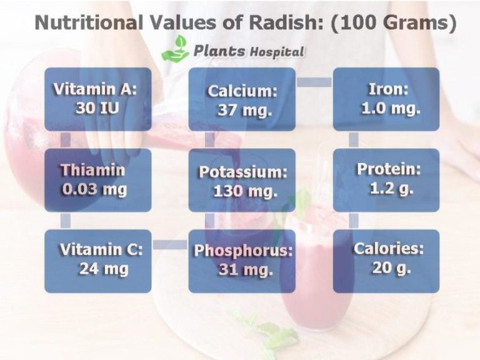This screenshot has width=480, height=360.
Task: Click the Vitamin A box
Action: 97,99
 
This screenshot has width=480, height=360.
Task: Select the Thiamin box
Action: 97,180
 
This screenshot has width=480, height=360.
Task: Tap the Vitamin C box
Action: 97,261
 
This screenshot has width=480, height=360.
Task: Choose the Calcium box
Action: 242,99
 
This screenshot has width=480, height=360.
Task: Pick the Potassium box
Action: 242,180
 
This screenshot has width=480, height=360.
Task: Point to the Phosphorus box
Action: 242,261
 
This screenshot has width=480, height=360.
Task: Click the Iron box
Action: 386,99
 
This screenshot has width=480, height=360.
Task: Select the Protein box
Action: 386,180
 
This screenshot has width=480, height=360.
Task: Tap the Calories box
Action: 386,261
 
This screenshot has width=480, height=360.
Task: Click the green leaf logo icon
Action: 175,48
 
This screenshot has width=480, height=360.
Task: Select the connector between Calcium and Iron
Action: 314,82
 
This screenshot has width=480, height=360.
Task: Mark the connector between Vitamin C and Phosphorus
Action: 169,244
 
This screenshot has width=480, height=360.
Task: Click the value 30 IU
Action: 97,107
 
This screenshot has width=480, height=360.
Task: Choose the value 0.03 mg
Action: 94,189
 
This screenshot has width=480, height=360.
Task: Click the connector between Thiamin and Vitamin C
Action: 66,221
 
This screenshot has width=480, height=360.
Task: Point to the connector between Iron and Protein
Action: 354,139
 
